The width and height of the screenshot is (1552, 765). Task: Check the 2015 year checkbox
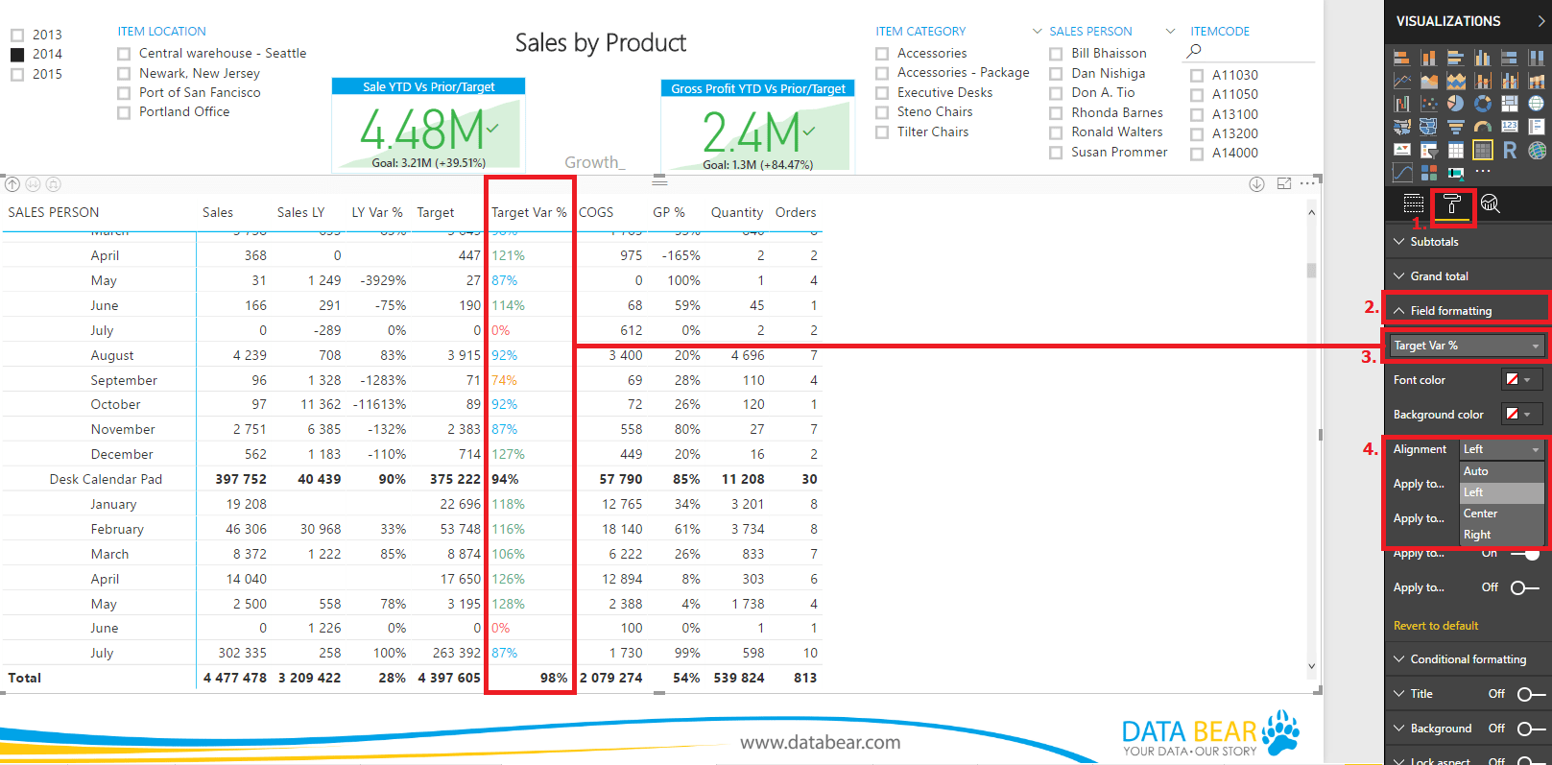pyautogui.click(x=17, y=74)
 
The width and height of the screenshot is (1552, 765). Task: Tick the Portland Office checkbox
pyautogui.click(x=124, y=112)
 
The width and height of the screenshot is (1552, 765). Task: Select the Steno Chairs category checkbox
pyautogui.click(x=882, y=112)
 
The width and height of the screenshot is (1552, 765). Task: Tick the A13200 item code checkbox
pyautogui.click(x=1197, y=133)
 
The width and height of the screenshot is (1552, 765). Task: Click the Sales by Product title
pyautogui.click(x=601, y=43)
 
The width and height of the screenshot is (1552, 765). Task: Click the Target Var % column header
pyautogui.click(x=528, y=212)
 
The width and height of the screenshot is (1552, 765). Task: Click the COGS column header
pyautogui.click(x=596, y=212)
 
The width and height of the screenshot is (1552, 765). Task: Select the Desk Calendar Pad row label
pyautogui.click(x=106, y=479)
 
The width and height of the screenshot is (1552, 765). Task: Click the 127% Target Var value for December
pyautogui.click(x=509, y=454)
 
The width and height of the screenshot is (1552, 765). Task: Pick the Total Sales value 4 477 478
pyautogui.click(x=235, y=678)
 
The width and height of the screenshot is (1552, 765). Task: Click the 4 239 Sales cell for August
pyautogui.click(x=250, y=355)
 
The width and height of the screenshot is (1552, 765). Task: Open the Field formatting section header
pyautogui.click(x=1450, y=311)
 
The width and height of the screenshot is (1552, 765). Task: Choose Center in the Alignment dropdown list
pyautogui.click(x=1480, y=514)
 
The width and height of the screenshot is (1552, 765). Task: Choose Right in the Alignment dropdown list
pyautogui.click(x=1477, y=535)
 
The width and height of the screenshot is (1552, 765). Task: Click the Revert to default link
pyautogui.click(x=1436, y=626)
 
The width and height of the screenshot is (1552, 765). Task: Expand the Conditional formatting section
pyautogui.click(x=1468, y=659)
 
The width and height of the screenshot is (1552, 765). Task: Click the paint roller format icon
pyautogui.click(x=1451, y=203)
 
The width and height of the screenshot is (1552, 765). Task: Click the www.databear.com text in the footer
pyautogui.click(x=820, y=742)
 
